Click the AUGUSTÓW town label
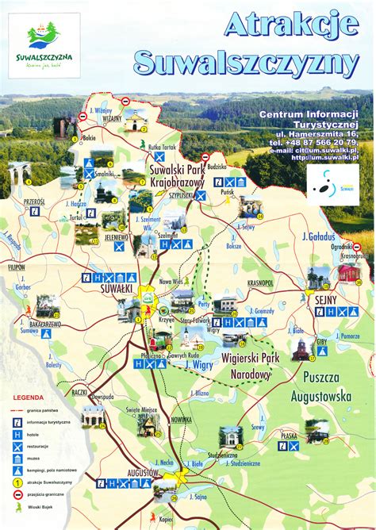click(x=142, y=472)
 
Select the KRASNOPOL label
click(x=260, y=282)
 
